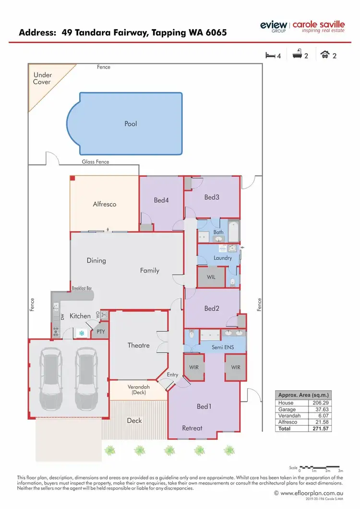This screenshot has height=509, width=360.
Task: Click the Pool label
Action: point(131,124)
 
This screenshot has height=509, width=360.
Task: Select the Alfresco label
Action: point(105,204)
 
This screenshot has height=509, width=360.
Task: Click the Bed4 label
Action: point(161,200)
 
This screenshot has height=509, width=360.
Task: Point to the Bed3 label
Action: point(212,197)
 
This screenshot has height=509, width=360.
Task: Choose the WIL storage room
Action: point(211,277)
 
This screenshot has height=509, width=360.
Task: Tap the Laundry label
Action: point(223,258)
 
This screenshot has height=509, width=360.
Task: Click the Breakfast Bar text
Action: point(82,288)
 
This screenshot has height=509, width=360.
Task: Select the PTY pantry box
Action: point(101,331)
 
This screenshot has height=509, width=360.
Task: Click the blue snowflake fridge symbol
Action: point(82,332)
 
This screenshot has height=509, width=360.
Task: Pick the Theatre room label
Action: point(138,345)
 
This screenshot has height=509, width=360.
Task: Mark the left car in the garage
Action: point(51,377)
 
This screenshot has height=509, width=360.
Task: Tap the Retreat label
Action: point(192,428)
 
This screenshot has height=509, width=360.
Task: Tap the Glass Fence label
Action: point(96,162)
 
